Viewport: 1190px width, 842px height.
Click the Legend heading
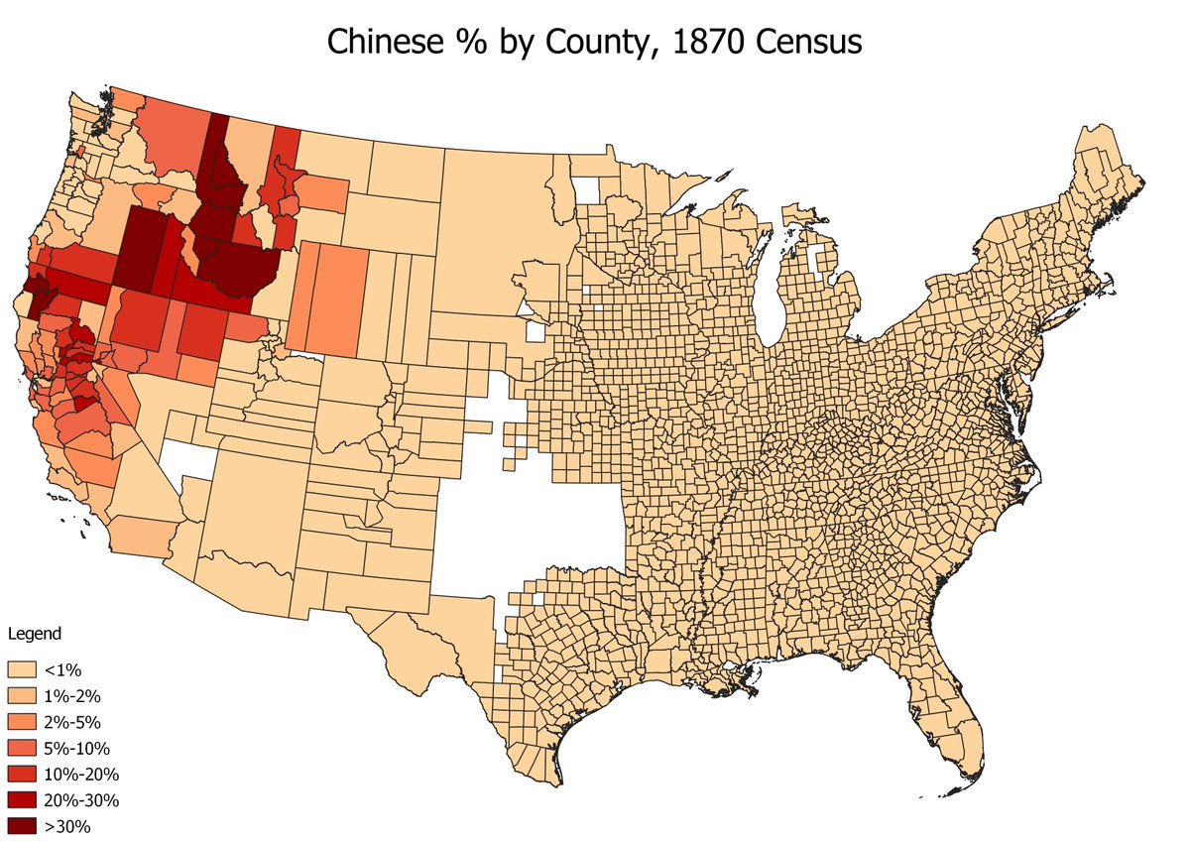pyautogui.click(x=34, y=633)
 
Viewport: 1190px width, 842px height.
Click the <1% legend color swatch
pyautogui.click(x=21, y=670)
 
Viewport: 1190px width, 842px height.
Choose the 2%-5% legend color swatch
pyautogui.click(x=21, y=722)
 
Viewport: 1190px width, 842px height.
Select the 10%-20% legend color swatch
pyautogui.click(x=21, y=774)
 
